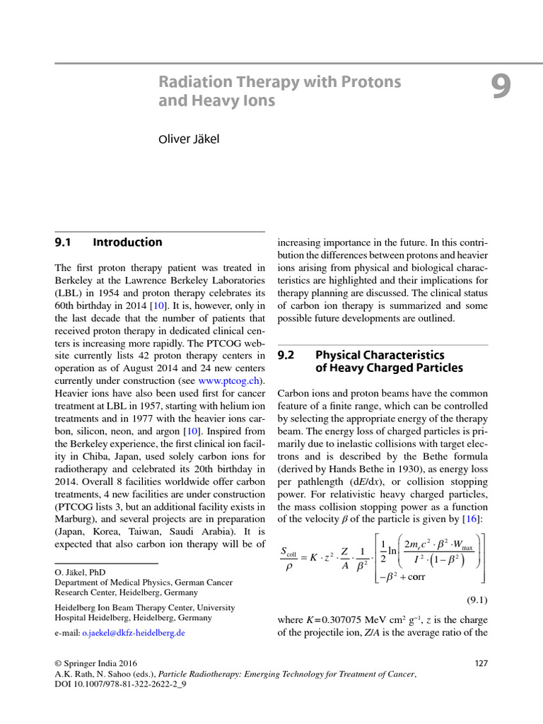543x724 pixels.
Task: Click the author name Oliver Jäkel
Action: pyautogui.click(x=188, y=139)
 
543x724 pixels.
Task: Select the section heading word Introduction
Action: pyautogui.click(x=127, y=243)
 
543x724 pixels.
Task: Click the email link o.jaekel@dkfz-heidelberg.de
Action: pyautogui.click(x=134, y=633)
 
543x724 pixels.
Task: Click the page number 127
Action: pyautogui.click(x=480, y=663)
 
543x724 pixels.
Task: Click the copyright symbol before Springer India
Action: pyautogui.click(x=59, y=663)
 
